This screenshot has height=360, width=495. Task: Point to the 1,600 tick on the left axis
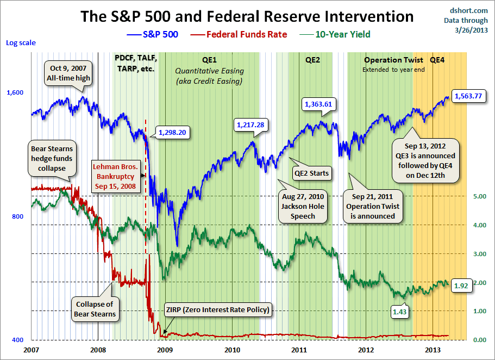[15, 92]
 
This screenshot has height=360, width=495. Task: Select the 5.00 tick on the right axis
[476, 196]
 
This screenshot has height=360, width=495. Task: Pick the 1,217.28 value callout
[250, 125]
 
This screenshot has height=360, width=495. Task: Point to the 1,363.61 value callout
[318, 104]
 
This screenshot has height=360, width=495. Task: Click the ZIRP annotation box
[217, 310]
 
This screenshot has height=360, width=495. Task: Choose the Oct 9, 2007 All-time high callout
[69, 72]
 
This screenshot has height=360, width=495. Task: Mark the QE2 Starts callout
[311, 173]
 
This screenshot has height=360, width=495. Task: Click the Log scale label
[18, 42]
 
